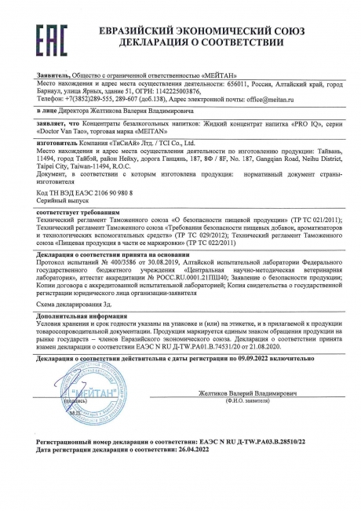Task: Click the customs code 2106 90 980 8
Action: coord(86,192)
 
